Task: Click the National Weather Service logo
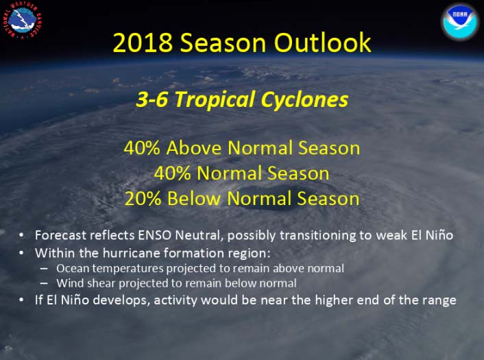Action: [22, 20]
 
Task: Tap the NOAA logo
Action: [459, 21]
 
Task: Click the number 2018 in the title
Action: [143, 43]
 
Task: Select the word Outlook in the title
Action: [323, 43]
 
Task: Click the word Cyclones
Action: [305, 100]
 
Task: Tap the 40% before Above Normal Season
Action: [142, 148]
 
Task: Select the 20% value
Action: [143, 199]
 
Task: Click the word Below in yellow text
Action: [194, 198]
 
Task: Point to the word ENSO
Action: [154, 235]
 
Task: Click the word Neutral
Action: [199, 236]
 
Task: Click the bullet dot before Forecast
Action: [21, 235]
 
